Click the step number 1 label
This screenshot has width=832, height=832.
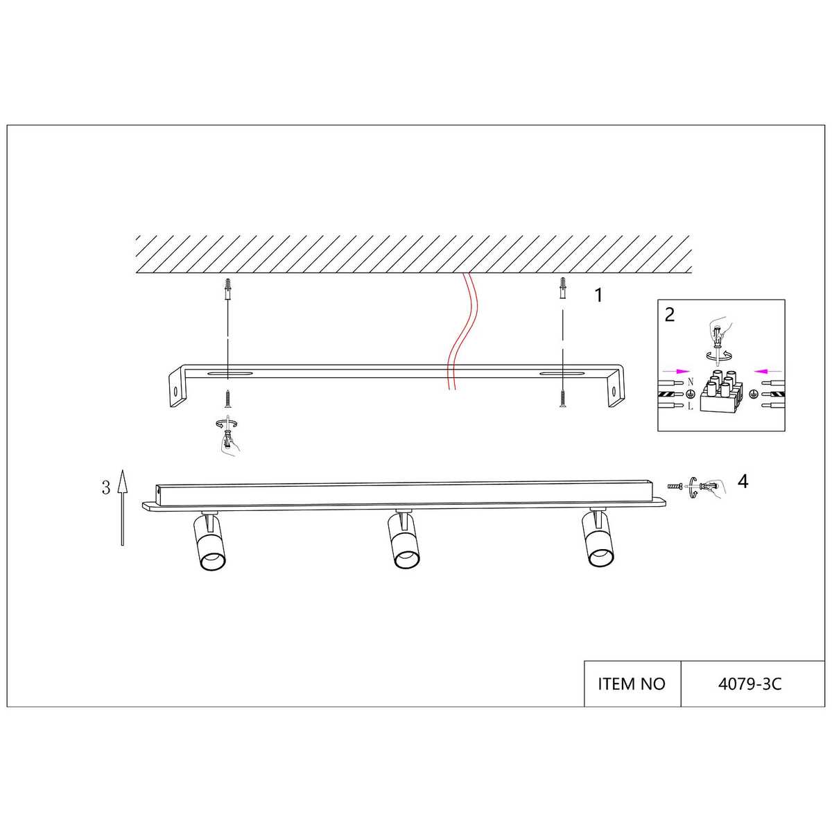598,295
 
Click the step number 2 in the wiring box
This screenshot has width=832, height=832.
670,315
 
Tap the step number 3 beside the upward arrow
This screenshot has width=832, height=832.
106,487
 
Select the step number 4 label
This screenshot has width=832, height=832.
743,481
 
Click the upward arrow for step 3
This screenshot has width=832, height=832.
123,508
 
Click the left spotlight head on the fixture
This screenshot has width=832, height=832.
210,541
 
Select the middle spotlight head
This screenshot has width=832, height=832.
404,539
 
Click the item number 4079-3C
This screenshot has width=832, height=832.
750,684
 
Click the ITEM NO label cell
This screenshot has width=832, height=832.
632,684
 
